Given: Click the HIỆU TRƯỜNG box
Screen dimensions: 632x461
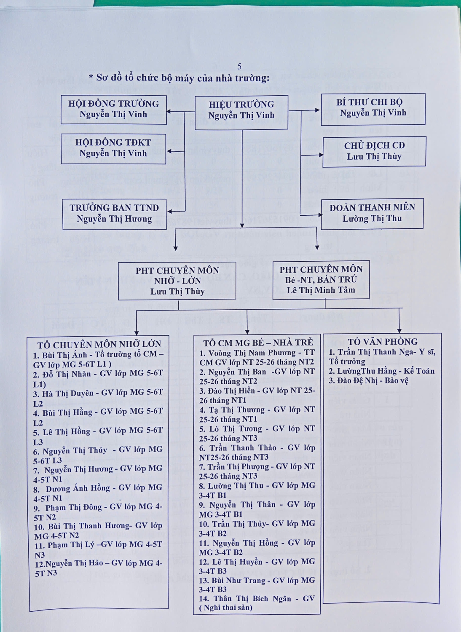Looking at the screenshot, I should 241,112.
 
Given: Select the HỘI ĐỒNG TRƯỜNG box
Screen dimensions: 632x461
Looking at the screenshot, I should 114,110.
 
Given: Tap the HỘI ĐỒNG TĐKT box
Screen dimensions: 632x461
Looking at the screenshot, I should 113,148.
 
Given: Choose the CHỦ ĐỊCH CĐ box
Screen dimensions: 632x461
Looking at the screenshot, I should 374,151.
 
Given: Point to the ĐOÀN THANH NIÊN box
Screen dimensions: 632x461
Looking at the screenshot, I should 372,214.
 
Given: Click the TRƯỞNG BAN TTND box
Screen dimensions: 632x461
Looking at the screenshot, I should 114,214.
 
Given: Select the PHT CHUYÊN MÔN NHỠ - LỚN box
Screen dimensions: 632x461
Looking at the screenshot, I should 177,281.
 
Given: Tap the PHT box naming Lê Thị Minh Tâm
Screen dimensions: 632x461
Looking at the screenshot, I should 321,280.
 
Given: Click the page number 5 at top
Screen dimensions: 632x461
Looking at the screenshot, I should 239,66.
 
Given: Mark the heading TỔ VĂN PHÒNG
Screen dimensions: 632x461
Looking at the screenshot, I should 383,342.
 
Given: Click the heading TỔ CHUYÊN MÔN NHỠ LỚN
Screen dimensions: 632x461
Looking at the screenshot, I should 99,345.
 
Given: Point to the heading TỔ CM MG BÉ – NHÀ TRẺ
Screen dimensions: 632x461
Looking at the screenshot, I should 258,343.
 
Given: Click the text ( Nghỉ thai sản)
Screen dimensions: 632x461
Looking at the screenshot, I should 226,608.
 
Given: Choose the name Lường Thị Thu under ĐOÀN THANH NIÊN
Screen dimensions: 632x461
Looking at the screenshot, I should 372,218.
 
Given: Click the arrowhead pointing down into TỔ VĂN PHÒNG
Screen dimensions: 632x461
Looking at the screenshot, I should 399,330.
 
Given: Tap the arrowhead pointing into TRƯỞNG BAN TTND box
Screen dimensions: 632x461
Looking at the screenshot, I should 169,210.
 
